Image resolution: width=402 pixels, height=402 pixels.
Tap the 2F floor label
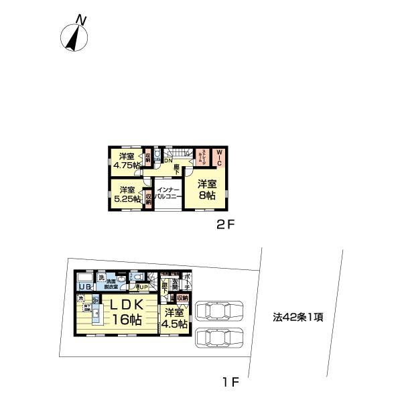click(x=224, y=225)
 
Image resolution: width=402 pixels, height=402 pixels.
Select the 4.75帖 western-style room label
click(x=127, y=161)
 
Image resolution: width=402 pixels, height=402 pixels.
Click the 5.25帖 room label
click(x=127, y=194)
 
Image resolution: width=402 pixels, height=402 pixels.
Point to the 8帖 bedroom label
click(x=206, y=190)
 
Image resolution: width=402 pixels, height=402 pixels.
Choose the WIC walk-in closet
click(x=218, y=158)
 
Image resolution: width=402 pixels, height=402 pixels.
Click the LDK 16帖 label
click(x=125, y=312)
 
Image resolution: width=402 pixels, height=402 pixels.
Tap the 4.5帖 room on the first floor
click(x=174, y=319)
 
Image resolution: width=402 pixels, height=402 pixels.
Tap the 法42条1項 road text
click(x=298, y=317)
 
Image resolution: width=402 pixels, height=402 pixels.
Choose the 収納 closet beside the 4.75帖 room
click(x=147, y=158)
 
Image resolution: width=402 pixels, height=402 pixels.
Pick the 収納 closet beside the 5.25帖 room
click(x=147, y=199)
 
